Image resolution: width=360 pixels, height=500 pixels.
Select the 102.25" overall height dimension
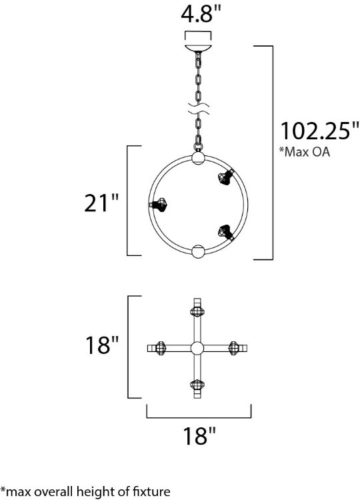pyautogui.click(x=315, y=130)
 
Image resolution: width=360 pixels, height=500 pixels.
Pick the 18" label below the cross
pyautogui.click(x=198, y=437)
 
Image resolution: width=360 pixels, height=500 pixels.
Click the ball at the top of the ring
pyautogui.click(x=197, y=159)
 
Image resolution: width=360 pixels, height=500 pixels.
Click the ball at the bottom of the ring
pyautogui.click(x=197, y=251)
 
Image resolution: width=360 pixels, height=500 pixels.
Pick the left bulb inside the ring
pyautogui.click(x=159, y=205)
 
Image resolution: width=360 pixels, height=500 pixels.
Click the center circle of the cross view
pyautogui.click(x=197, y=347)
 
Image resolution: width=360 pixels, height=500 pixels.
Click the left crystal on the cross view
pyautogui.click(x=160, y=347)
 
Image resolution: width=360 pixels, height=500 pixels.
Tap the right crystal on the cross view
pyautogui.click(x=235, y=347)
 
